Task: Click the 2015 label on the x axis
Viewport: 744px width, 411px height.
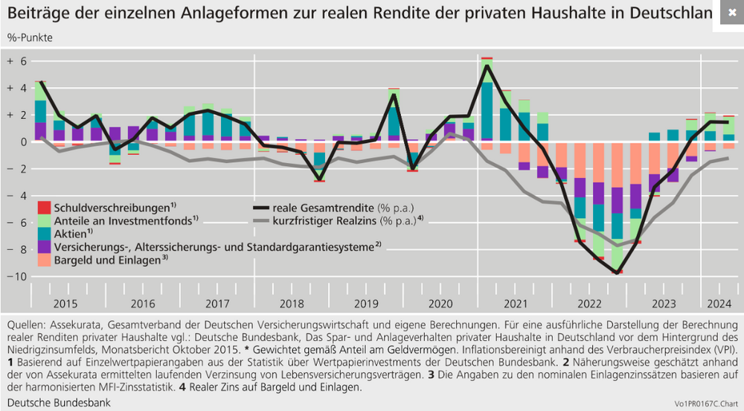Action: pos(65,304)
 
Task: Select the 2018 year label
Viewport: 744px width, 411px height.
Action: pos(291,304)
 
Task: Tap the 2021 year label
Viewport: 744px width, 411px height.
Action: pos(515,304)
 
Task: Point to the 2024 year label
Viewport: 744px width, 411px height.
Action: pos(717,304)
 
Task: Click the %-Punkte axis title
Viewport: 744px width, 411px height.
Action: pos(30,37)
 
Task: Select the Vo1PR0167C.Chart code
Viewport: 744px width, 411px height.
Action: pos(699,404)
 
